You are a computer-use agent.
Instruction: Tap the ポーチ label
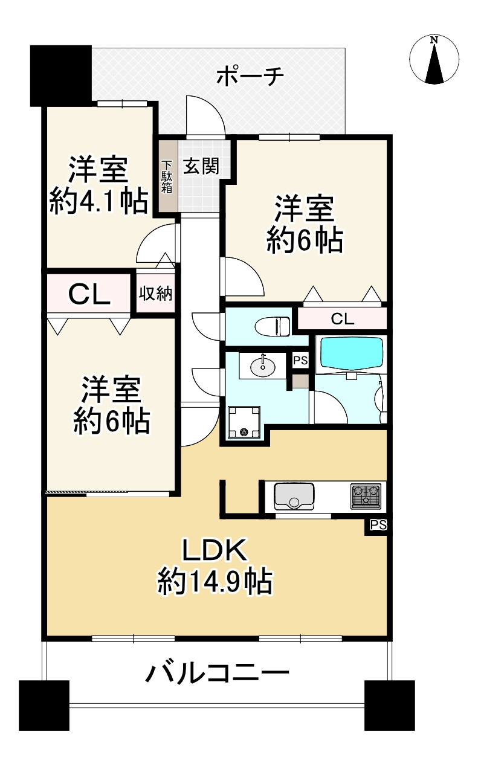pyautogui.click(x=250, y=77)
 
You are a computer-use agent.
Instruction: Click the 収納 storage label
pyautogui.click(x=156, y=294)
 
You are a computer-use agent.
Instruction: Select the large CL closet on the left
pyautogui.click(x=88, y=294)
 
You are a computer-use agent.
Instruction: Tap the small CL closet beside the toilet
pyautogui.click(x=342, y=319)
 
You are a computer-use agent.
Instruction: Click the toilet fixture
pyautogui.click(x=273, y=326)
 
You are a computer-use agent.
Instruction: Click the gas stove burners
pyautogui.click(x=365, y=495)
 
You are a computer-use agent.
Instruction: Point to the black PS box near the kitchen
pyautogui.click(x=378, y=525)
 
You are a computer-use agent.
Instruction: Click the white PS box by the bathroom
pyautogui.click(x=300, y=361)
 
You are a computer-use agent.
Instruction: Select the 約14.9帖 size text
pyautogui.click(x=214, y=582)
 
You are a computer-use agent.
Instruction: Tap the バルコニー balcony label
pyautogui.click(x=217, y=672)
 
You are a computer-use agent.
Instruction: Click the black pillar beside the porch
pyautogui.click(x=60, y=74)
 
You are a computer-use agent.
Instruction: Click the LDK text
pyautogui.click(x=214, y=550)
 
